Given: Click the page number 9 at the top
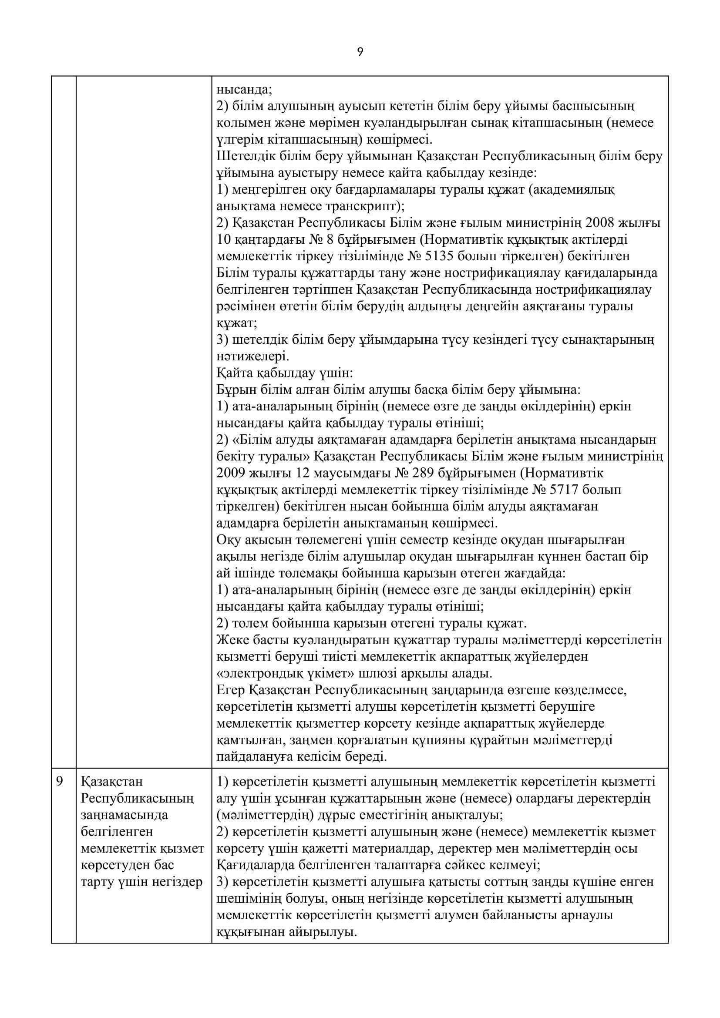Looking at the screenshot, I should click(360, 53).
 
